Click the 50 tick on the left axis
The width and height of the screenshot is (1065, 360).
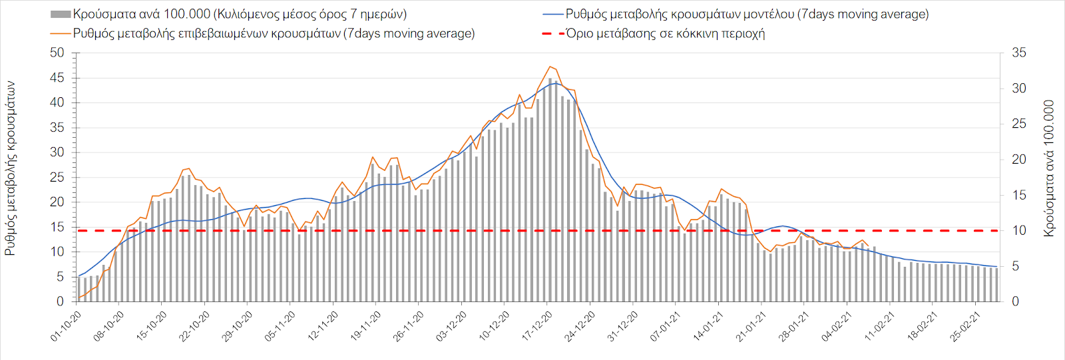(57, 53)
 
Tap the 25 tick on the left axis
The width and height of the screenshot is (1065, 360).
(57, 177)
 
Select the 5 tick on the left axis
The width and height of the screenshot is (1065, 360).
(61, 276)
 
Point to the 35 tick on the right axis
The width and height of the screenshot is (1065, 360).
(1018, 53)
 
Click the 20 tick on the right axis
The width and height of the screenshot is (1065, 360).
(1018, 159)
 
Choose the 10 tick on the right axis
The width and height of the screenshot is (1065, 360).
(1018, 230)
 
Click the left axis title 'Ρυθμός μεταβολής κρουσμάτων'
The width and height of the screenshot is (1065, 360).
(11, 168)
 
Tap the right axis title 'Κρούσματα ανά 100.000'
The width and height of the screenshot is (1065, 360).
(1050, 168)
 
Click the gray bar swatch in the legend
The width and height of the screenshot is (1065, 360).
(61, 14)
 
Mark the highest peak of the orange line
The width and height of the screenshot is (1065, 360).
(550, 67)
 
